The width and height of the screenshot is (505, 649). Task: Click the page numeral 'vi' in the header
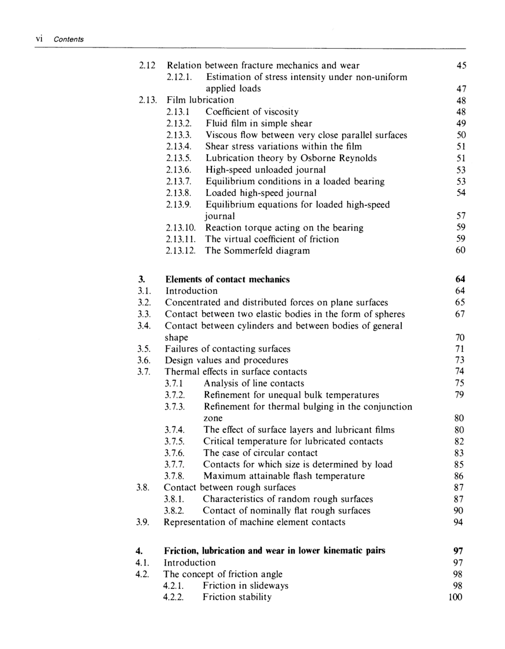click(39, 39)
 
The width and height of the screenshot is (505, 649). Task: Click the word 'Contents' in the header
click(68, 39)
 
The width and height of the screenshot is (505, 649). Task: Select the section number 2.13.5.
click(178, 158)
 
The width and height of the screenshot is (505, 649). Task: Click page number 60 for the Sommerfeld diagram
click(461, 251)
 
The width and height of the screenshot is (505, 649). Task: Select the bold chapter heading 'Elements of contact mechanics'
click(228, 279)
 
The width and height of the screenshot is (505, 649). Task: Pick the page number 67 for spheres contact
click(461, 314)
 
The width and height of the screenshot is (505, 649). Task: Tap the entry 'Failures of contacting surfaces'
click(228, 349)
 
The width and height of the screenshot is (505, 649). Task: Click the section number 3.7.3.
click(176, 407)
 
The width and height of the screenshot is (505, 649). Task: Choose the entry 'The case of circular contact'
click(261, 453)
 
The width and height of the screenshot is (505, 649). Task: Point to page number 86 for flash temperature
click(461, 476)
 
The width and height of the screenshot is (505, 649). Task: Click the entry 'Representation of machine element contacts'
click(255, 522)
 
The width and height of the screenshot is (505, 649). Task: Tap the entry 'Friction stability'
click(237, 597)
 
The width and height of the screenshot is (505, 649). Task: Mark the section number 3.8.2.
click(176, 511)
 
